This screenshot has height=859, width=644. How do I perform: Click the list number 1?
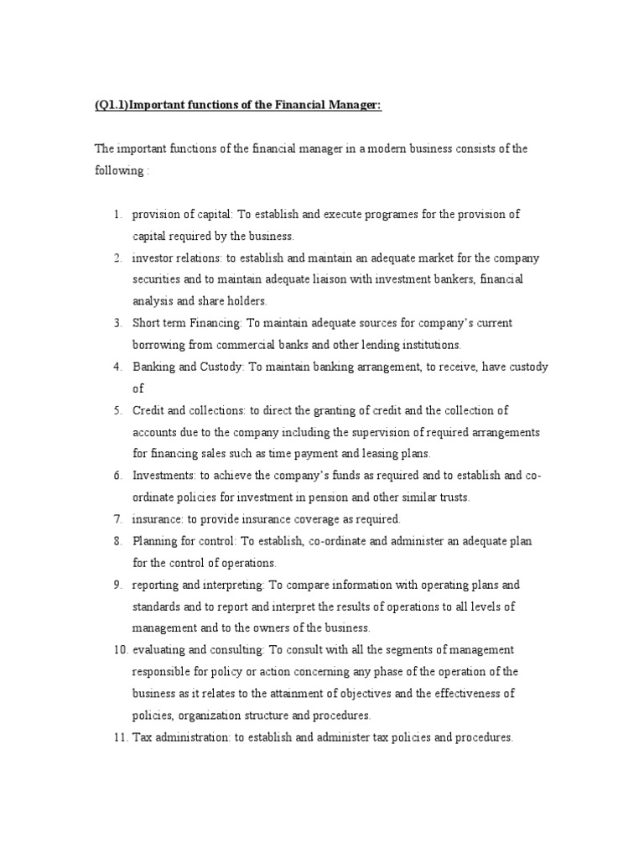(x=118, y=214)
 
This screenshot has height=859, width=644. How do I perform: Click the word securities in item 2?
(x=158, y=279)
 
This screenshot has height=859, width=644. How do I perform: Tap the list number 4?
(x=117, y=367)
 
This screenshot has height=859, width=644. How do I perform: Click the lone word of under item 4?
(x=138, y=388)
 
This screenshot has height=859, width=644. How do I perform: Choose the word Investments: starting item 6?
(x=164, y=476)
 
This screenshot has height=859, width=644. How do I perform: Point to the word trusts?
(x=452, y=497)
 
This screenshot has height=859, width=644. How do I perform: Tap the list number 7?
(x=117, y=519)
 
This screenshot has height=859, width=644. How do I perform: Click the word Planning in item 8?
(x=154, y=541)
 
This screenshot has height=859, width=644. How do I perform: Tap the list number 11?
(x=119, y=737)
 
